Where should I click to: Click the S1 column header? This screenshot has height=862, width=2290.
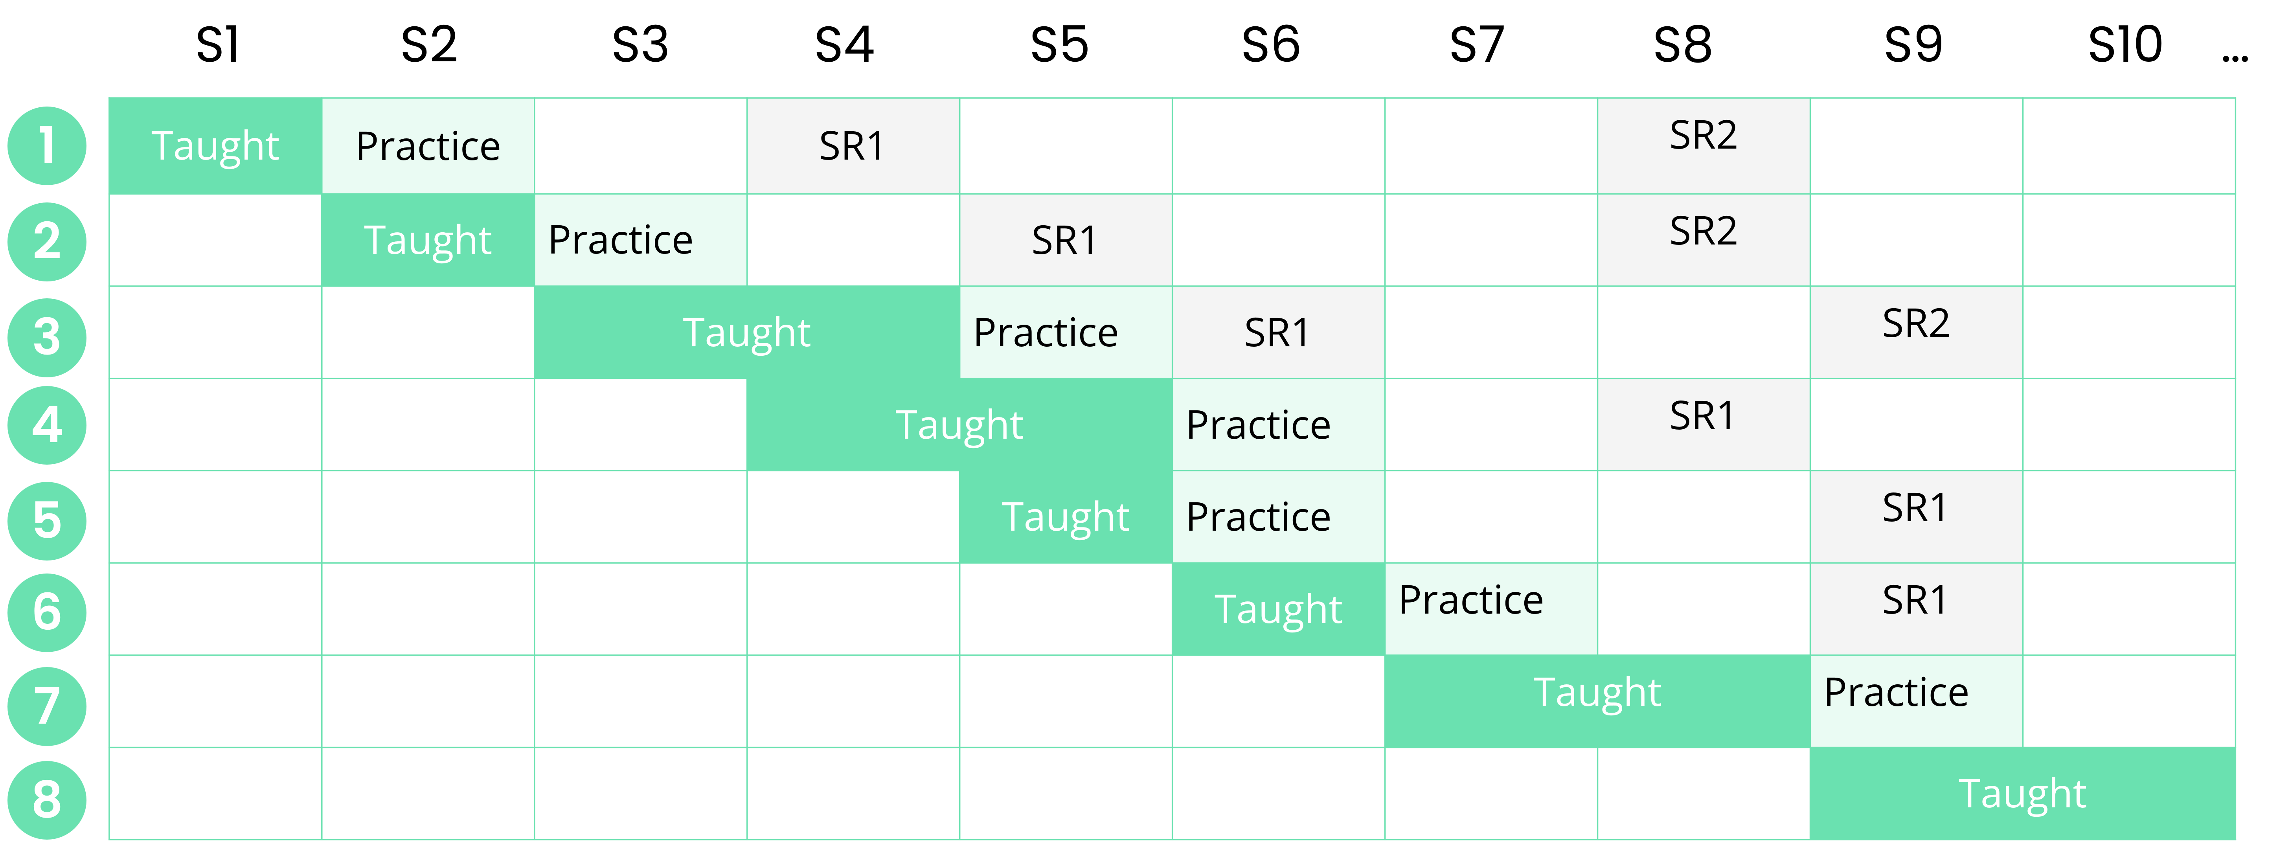[x=218, y=44]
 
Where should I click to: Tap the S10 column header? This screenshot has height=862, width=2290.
[x=2125, y=44]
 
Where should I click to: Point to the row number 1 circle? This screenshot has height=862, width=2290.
[x=47, y=146]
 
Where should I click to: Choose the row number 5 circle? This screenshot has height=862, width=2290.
[x=47, y=521]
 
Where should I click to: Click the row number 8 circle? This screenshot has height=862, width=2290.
[x=47, y=800]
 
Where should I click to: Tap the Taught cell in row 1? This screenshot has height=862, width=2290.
[x=215, y=146]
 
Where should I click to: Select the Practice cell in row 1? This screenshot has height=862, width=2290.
[x=428, y=146]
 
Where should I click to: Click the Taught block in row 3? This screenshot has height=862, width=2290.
[x=747, y=333]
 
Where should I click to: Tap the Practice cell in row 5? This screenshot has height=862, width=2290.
[x=1278, y=517]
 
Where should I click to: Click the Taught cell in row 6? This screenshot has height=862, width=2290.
[x=1278, y=610]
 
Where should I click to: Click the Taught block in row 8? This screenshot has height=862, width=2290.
[x=2022, y=794]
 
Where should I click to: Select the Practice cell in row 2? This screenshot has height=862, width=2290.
[x=640, y=240]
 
